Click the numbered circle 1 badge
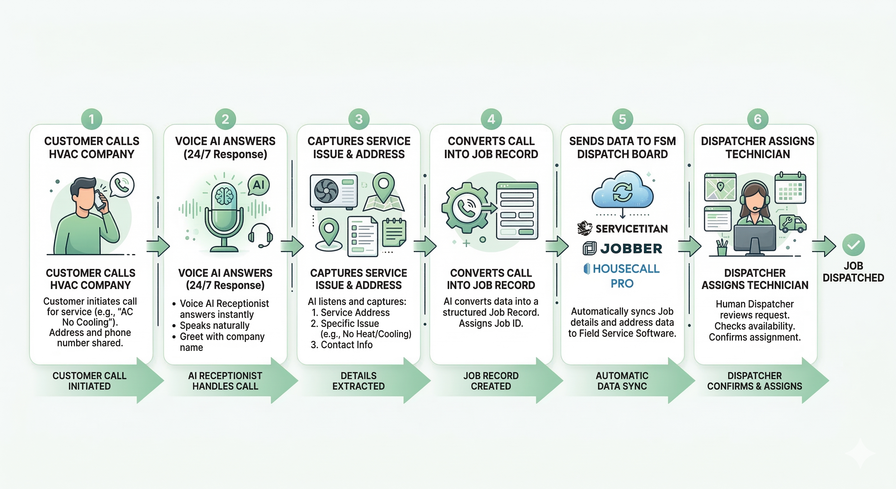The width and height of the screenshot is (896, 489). (x=92, y=119)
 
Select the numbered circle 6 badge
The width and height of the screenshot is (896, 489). (x=758, y=119)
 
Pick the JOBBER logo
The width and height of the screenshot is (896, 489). (x=623, y=249)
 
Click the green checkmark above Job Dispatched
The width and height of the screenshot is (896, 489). (x=853, y=245)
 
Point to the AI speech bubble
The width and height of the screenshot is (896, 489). (x=258, y=185)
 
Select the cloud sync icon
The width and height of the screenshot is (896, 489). (x=623, y=191)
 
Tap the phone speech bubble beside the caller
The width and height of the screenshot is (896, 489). (x=122, y=185)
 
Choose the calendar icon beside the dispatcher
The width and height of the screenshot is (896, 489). (x=790, y=188)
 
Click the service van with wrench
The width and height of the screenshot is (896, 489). (x=792, y=224)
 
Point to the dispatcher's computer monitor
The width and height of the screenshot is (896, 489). (x=754, y=238)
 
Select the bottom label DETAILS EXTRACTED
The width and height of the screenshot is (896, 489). (x=358, y=381)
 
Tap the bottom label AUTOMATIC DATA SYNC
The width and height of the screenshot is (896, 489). (x=622, y=381)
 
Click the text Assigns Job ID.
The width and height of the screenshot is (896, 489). (x=491, y=323)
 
